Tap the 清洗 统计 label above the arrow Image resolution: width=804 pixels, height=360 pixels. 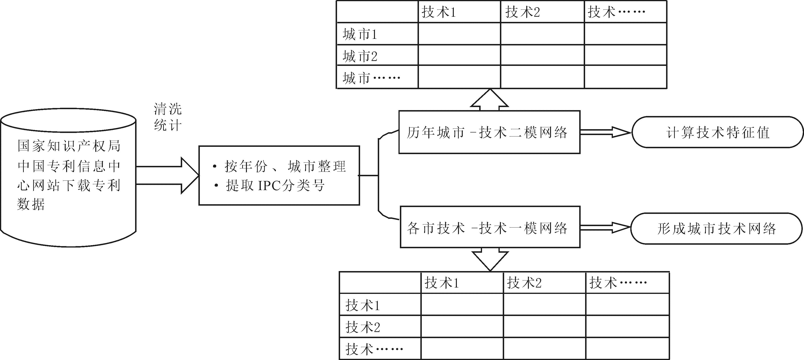pyautogui.click(x=168, y=117)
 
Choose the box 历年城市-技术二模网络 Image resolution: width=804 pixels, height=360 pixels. pyautogui.click(x=489, y=132)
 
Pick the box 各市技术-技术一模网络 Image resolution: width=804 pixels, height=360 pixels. pyautogui.click(x=490, y=228)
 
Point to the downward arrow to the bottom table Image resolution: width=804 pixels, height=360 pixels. pyautogui.click(x=490, y=259)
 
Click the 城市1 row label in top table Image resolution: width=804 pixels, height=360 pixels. pyautogui.click(x=360, y=34)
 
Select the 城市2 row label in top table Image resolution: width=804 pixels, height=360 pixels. pyautogui.click(x=360, y=56)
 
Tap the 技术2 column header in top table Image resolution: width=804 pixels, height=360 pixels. pyautogui.click(x=523, y=12)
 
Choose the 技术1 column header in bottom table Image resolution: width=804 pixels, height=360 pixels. pyautogui.click(x=441, y=283)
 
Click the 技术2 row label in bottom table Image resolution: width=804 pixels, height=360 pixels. pyautogui.click(x=362, y=327)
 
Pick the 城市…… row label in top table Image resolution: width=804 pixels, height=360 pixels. pyautogui.click(x=371, y=78)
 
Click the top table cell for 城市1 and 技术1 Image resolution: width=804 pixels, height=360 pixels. pyautogui.click(x=459, y=34)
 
